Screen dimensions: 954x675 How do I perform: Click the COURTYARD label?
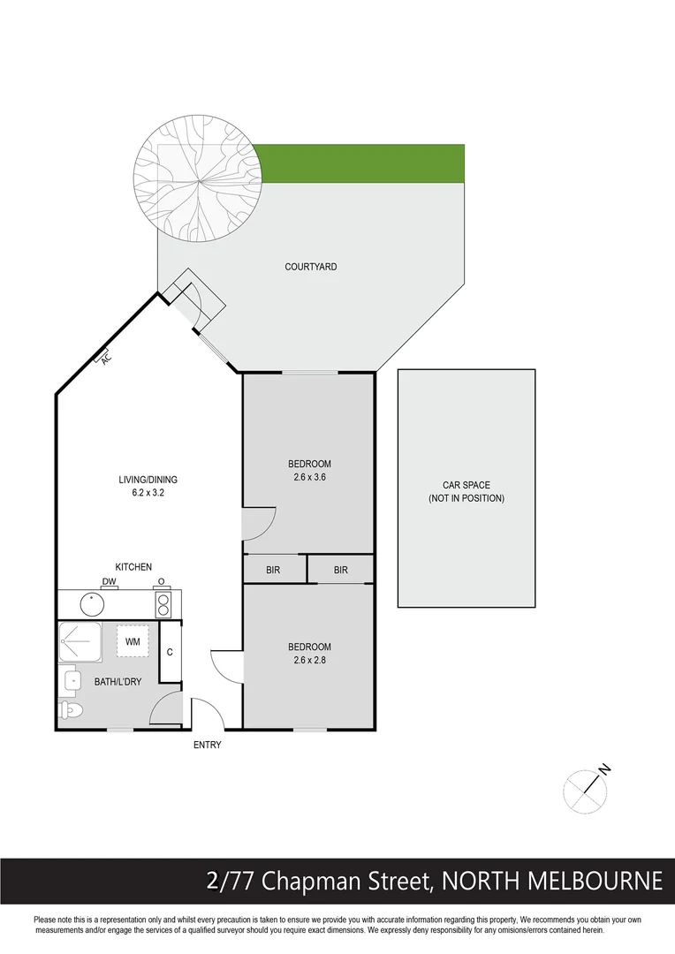tap(310, 267)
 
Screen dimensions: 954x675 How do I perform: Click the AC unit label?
tap(106, 359)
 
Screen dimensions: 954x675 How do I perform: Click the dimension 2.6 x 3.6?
tap(309, 477)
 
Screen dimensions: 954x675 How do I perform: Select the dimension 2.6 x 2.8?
tap(309, 659)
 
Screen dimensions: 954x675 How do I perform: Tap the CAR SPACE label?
tap(466, 486)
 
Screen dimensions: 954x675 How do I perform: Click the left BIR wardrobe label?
tap(273, 571)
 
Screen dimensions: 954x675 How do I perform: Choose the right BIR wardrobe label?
tap(341, 571)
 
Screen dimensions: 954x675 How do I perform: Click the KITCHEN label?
tap(133, 567)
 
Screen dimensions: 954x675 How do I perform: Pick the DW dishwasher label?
tap(110, 580)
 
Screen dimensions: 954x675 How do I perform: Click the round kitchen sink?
tap(93, 604)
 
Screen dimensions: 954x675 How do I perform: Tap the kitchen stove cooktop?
tap(163, 604)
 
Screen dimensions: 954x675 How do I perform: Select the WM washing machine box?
tap(133, 641)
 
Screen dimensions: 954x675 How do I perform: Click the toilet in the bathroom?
tap(71, 709)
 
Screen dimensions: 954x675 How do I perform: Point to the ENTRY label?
tap(207, 746)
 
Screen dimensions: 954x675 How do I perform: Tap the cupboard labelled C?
tap(170, 653)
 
